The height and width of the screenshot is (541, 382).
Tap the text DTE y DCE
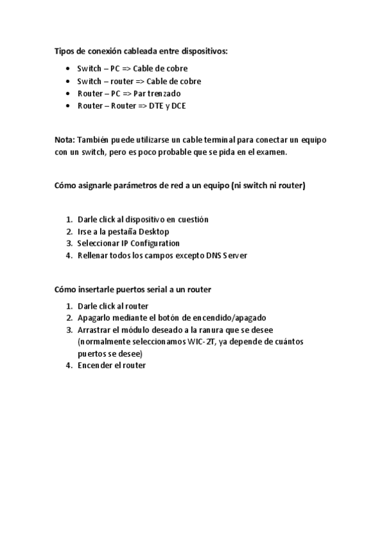[x=168, y=105]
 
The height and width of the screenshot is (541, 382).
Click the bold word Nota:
[x=64, y=140]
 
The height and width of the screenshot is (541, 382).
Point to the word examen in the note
[x=273, y=152]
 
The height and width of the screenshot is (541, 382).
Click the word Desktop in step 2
[x=154, y=231]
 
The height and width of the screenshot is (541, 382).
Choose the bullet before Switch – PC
[x=68, y=69]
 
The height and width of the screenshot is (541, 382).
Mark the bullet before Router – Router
[x=68, y=105]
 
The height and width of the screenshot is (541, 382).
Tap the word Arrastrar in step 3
[x=94, y=329]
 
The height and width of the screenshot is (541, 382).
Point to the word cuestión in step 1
[x=193, y=219]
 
